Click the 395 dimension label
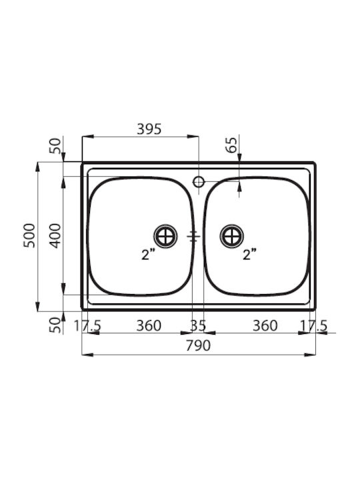coord(149,129)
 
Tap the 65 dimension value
coord(232,145)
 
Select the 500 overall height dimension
coord(30,235)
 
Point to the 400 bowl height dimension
coord(56,235)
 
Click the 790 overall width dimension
coord(199,345)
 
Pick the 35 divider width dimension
coord(198,325)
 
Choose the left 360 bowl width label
coord(149,325)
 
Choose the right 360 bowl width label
coord(265,325)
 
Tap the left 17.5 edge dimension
coord(87,325)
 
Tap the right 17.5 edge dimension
coord(313,325)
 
